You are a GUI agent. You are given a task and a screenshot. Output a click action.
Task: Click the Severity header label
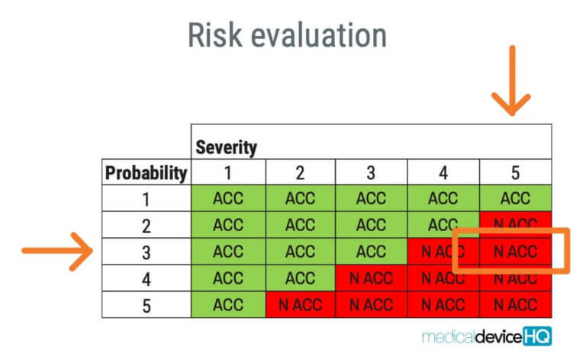[x=227, y=147]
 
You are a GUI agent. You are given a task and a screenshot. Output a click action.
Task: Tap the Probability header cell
[x=146, y=173]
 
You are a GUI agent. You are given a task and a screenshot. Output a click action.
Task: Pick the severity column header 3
[x=372, y=173]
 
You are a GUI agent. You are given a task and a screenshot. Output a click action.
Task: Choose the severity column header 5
[x=515, y=173]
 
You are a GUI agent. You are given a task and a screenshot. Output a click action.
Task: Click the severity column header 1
[x=227, y=173]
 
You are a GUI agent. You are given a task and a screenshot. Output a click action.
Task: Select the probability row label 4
[x=146, y=278]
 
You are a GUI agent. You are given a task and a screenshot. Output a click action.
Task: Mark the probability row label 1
[x=146, y=199]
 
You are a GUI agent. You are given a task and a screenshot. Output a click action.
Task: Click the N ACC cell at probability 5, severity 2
[x=300, y=304]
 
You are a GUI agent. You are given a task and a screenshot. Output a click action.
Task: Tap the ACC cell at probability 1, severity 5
[x=515, y=199]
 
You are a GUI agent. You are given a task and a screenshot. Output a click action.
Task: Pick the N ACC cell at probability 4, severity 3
[x=372, y=278]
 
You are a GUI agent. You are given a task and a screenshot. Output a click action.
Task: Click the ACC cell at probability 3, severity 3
[x=372, y=252]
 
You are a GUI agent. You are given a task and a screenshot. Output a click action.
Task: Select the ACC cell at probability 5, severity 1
[x=227, y=304]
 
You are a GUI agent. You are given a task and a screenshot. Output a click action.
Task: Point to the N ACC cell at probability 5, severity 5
[x=515, y=304]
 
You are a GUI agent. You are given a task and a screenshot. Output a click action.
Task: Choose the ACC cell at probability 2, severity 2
[x=300, y=225]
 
